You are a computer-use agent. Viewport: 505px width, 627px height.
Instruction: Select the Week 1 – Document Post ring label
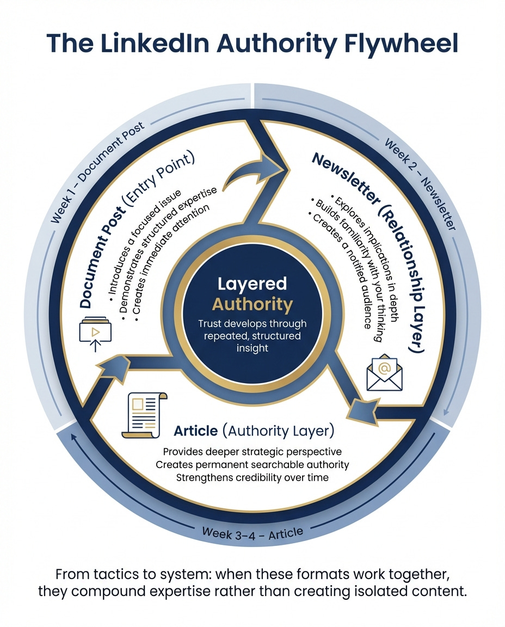coord(98,173)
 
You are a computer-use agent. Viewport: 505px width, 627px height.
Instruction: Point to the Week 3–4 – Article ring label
coord(252,532)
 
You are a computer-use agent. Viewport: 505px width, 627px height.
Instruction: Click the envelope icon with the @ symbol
coord(385,372)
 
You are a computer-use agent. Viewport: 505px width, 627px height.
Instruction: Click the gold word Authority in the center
coord(252,303)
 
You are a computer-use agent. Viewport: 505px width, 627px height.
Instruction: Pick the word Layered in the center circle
coord(252,284)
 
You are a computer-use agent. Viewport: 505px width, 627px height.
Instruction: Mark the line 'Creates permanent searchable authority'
coord(252,464)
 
